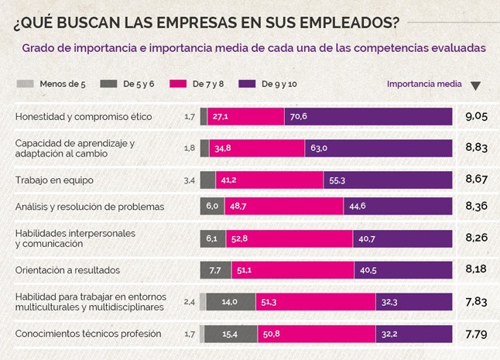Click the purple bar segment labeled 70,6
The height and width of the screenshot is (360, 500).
[x=368, y=116]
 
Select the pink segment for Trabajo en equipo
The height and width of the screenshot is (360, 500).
[x=269, y=180]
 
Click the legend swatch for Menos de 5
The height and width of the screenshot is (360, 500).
[x=25, y=84]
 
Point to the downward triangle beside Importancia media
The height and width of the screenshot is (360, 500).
[x=475, y=85]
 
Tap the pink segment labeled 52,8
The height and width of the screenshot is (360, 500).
[x=289, y=238]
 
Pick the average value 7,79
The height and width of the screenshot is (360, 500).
[x=475, y=334]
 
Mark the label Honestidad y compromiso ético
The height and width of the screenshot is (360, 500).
[x=84, y=117]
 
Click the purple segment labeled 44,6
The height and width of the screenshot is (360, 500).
[x=398, y=206]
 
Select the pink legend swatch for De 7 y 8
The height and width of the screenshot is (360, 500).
[x=176, y=84]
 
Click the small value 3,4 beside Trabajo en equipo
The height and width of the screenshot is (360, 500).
[x=189, y=180]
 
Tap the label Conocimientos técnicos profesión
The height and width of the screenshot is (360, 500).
[x=88, y=334]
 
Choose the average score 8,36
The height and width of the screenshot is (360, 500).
[x=475, y=206]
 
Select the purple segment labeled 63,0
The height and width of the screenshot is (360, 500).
[x=378, y=148]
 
